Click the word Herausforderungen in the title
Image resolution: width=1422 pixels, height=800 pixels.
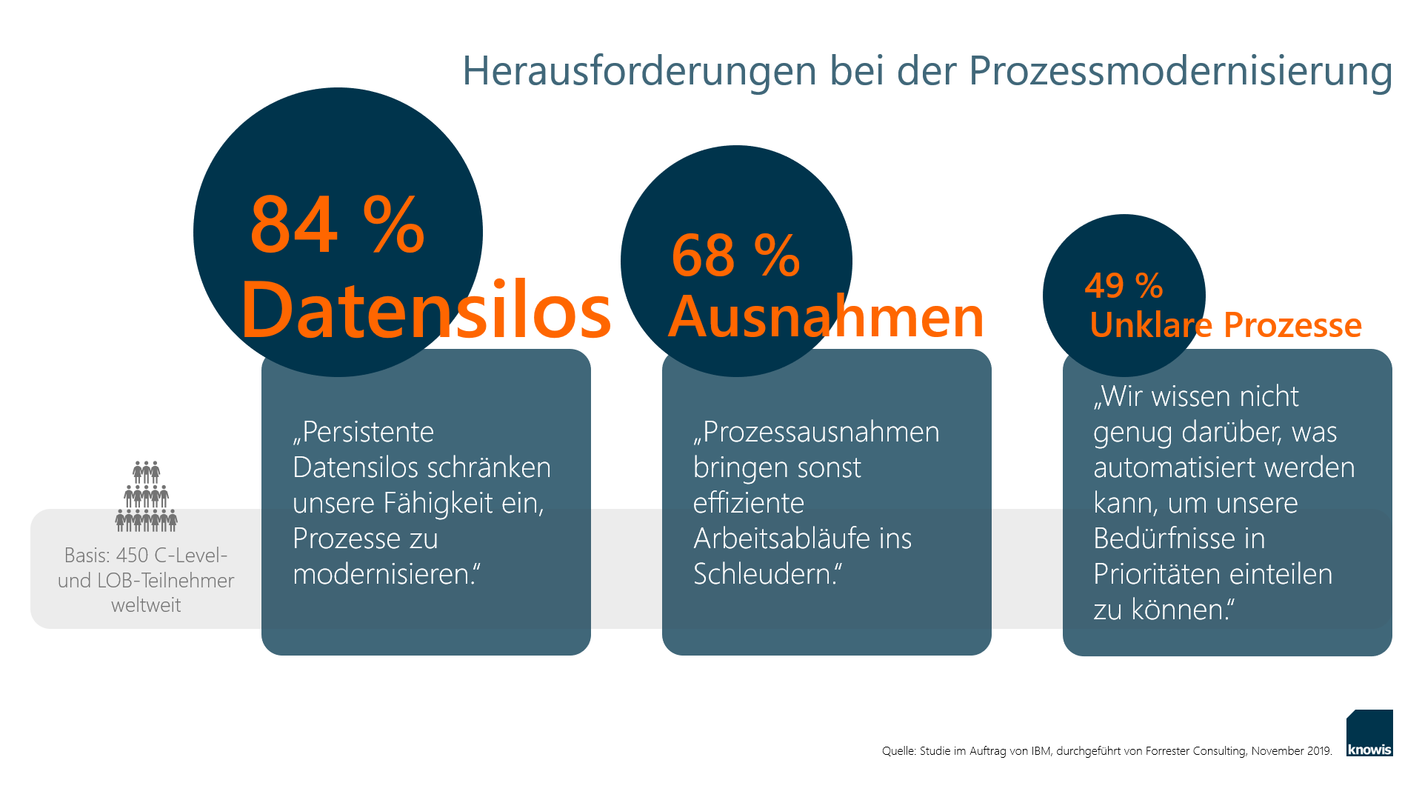tap(640, 72)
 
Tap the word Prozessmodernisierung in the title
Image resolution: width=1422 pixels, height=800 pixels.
tap(1181, 72)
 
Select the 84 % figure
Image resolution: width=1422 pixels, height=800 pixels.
tap(338, 224)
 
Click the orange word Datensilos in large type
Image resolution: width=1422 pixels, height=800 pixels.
tap(426, 310)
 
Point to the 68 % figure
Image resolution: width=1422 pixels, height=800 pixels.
tap(735, 256)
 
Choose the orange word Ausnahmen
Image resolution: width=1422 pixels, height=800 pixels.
tap(826, 316)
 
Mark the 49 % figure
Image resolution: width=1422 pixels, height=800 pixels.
tap(1124, 285)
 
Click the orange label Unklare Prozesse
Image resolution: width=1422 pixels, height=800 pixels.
tap(1226, 324)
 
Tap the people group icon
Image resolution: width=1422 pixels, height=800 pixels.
tap(147, 496)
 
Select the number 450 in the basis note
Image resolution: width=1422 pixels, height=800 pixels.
tap(133, 555)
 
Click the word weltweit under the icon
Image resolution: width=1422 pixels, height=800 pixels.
tap(146, 605)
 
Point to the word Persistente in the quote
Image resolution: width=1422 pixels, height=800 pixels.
tap(363, 432)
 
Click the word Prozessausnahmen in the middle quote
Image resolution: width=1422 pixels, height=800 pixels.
tap(816, 432)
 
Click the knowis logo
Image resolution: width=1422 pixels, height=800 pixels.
tap(1369, 733)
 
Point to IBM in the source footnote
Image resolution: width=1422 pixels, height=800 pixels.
tap(1041, 751)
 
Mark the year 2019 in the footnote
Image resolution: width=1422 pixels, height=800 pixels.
tap(1319, 751)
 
